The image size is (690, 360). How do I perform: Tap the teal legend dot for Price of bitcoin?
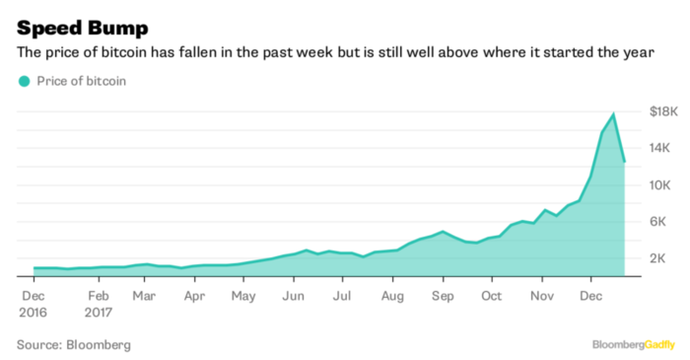pos(24,81)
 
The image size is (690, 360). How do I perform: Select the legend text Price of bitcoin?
pos(81,81)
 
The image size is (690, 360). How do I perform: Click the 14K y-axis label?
pos(659,148)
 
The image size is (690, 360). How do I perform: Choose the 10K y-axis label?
pos(659,184)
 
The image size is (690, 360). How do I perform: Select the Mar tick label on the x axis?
pos(144,294)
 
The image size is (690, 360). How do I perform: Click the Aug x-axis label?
pos(391,294)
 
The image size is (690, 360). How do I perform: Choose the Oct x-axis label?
pos(492,294)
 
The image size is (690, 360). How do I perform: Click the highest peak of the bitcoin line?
pos(614,114)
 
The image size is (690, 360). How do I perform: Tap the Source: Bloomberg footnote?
pos(73,344)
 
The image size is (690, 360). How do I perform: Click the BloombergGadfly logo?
pos(632,344)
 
